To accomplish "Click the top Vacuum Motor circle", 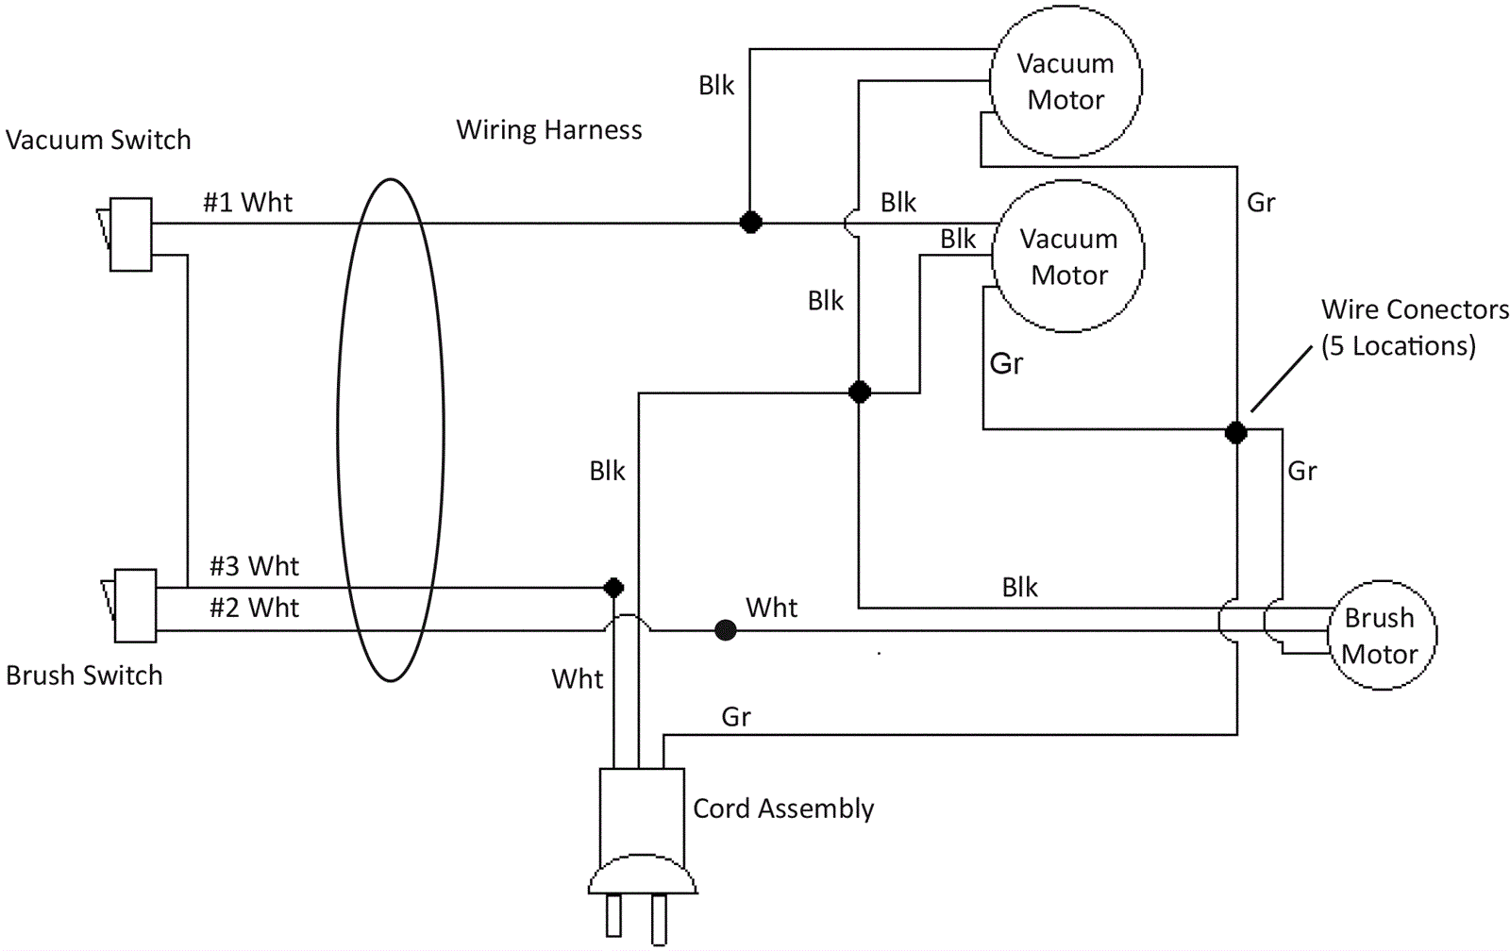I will click(1065, 82).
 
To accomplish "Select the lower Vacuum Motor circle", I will click(1068, 257).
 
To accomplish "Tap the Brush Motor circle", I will click(1382, 635).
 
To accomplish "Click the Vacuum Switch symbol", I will click(130, 234).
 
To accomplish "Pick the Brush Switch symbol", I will click(134, 606).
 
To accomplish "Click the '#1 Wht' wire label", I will click(247, 203).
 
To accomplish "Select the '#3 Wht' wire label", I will click(254, 566).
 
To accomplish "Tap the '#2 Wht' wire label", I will click(254, 608).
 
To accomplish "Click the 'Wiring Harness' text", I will click(549, 130).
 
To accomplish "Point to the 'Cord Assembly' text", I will click(783, 809).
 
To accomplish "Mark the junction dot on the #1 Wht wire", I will click(750, 223).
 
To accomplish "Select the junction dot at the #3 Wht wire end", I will click(613, 588).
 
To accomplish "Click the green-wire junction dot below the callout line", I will click(1235, 433).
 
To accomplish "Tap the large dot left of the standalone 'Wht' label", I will click(725, 630).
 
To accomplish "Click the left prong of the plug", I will click(614, 916).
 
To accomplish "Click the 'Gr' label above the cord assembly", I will click(736, 717).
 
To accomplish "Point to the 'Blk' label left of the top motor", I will click(716, 86).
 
